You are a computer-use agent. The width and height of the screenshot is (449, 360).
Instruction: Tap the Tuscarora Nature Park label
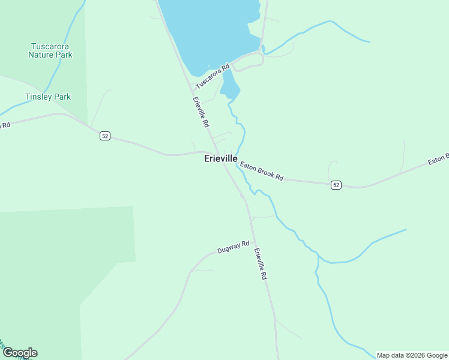coord(50,50)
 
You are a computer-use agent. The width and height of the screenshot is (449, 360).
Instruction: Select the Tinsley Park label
coord(48,97)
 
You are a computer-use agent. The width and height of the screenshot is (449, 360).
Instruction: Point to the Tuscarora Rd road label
coord(212,77)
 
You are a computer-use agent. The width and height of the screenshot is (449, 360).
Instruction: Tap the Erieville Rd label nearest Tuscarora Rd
coord(200,112)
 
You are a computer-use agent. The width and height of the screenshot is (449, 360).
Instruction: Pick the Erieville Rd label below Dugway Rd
coord(260,264)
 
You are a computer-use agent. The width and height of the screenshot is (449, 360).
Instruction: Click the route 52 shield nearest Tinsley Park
coord(105,136)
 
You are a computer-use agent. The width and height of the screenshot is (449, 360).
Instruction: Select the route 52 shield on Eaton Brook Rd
coord(336,185)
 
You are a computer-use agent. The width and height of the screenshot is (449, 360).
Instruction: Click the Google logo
coord(20,353)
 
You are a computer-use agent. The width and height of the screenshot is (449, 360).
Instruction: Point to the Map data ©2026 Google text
coord(412,355)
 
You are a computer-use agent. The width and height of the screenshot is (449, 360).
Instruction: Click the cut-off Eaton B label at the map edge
coord(438,160)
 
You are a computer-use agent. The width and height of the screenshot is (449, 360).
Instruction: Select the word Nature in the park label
coord(42,55)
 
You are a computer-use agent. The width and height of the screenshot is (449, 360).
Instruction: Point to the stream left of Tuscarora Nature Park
coord(57,72)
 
